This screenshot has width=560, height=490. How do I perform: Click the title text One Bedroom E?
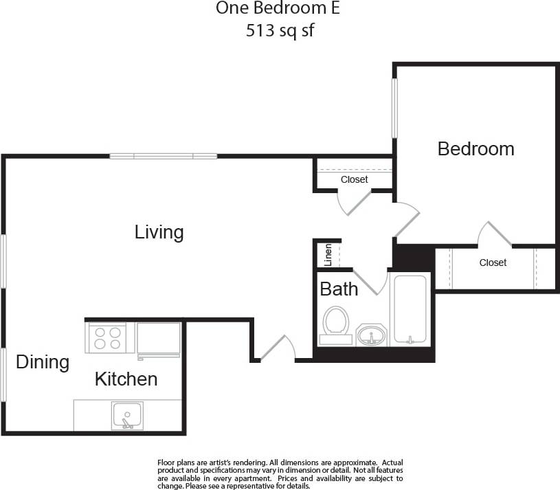click(x=278, y=9)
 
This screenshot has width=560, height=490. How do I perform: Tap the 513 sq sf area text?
click(x=280, y=31)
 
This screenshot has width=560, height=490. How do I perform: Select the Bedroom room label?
click(x=475, y=148)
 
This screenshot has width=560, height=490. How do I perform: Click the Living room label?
click(x=159, y=232)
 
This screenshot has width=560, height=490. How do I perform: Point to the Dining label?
click(x=43, y=362)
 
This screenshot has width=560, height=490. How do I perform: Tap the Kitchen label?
click(x=126, y=379)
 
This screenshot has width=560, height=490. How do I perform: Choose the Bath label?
click(x=339, y=289)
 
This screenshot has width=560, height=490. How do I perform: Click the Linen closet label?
click(x=328, y=255)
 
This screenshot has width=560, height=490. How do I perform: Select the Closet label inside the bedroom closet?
click(x=493, y=263)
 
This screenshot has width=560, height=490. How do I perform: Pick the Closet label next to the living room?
click(x=354, y=179)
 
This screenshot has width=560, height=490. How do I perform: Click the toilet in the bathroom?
click(x=336, y=324)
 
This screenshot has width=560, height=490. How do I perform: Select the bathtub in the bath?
click(x=410, y=309)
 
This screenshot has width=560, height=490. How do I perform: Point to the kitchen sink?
click(x=127, y=416)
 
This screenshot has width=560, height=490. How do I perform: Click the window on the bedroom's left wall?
click(x=395, y=108)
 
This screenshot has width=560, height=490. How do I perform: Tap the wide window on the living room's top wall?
click(x=164, y=157)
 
